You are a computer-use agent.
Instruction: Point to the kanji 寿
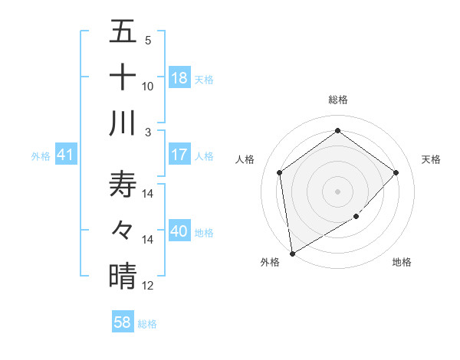click(123, 185)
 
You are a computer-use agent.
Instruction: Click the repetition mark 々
click(123, 230)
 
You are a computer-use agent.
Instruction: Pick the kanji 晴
click(123, 275)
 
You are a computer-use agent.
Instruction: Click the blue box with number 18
click(179, 77)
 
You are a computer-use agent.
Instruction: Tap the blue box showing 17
click(179, 155)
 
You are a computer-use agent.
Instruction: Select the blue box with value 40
click(179, 231)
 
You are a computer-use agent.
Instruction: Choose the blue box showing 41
click(66, 155)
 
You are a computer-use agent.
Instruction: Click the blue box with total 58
click(123, 322)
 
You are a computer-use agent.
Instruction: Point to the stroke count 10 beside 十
click(148, 87)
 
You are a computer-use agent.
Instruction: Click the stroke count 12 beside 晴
click(148, 286)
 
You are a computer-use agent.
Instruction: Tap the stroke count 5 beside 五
click(148, 41)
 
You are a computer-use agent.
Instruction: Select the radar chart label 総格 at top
click(338, 100)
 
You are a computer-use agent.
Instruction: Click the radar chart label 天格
click(431, 159)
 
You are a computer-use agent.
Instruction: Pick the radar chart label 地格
click(402, 262)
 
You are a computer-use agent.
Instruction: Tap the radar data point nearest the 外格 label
click(292, 253)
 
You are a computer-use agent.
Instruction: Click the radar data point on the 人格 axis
click(280, 172)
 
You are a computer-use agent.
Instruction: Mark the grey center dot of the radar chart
click(338, 191)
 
